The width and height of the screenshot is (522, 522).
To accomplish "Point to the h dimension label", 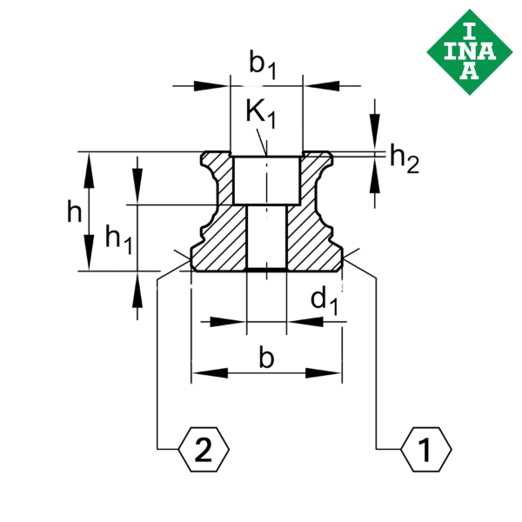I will tap(76, 210).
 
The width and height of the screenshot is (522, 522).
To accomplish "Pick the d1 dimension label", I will tap(324, 301).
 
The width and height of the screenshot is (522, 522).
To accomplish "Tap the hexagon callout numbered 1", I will tap(426, 450).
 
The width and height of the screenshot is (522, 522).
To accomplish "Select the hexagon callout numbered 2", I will tap(203, 450).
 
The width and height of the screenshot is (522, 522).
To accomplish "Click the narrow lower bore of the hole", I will tap(265, 236).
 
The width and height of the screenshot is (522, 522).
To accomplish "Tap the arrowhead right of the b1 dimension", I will tap(318, 85).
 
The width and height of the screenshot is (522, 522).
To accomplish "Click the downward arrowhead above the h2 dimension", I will tap(375, 138).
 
